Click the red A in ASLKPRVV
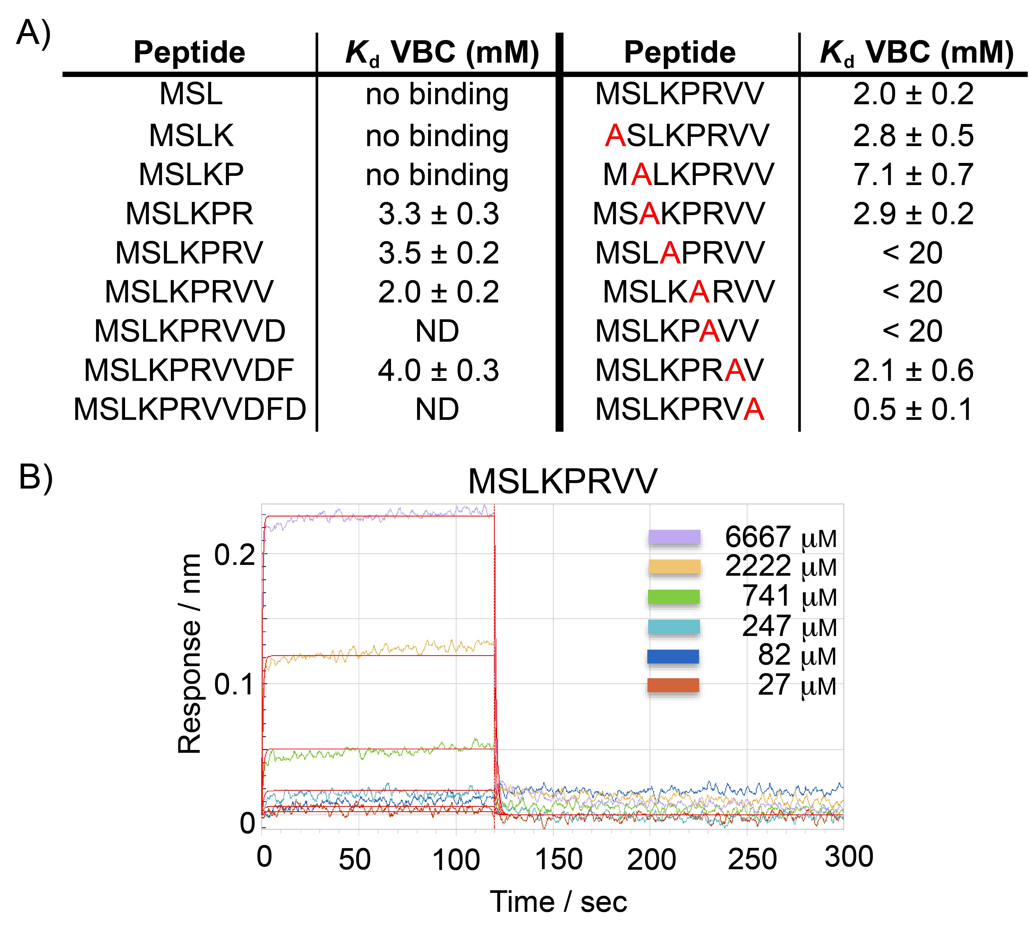[615, 136]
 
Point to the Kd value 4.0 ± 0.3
[438, 370]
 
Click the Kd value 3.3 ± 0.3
[438, 214]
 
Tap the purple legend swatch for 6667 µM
[674, 538]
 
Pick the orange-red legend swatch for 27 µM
[673, 685]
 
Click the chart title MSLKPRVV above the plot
[562, 481]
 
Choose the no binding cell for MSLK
[437, 136]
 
